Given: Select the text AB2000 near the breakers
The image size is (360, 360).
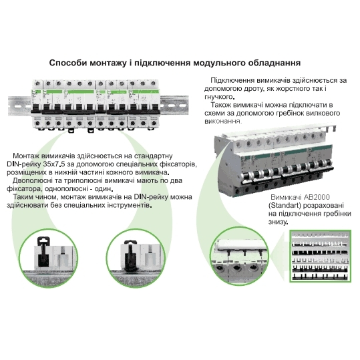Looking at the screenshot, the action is coord(317,197).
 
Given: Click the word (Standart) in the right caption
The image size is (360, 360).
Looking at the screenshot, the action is coord(285,205).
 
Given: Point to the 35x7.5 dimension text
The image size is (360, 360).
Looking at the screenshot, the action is coord(63,164).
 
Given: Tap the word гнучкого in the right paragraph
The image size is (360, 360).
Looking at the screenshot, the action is coord(219,97).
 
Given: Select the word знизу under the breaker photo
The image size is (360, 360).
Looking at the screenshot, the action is coord(278,222).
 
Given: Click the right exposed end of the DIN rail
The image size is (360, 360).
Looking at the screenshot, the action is coord(174,105).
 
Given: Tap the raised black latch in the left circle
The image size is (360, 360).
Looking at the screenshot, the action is coord(43,251).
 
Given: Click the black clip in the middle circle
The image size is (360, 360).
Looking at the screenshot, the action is coord(130,255).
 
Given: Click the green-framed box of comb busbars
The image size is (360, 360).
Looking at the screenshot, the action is coord(321,256).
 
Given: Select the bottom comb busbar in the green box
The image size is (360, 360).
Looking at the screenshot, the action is coord(320,277).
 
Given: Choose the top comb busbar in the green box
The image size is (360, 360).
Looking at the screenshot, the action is coord(320,235).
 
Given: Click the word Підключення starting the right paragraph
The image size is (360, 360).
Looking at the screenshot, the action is coord(232,81).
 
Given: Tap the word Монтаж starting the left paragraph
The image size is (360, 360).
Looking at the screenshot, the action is coord(26,156).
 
